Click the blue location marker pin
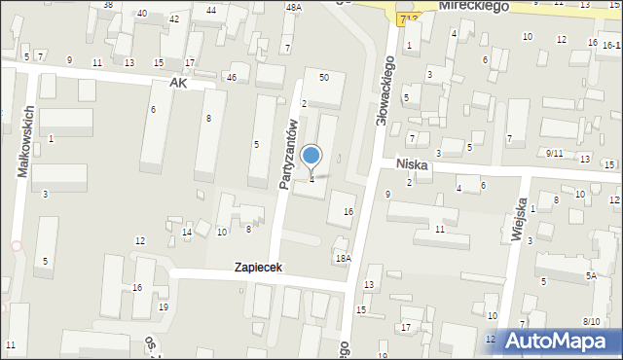[x=311, y=156]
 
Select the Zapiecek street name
[x=258, y=267]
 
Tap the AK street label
[x=176, y=84]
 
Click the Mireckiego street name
[x=474, y=6]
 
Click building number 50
[x=324, y=77]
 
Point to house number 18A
[x=343, y=258]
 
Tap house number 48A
[x=293, y=8]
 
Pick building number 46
[x=231, y=77]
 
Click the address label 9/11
[x=554, y=153]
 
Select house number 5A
[x=590, y=276]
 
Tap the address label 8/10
[x=591, y=321]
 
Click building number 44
[x=211, y=11]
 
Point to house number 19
[x=163, y=307]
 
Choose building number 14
[x=187, y=232]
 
